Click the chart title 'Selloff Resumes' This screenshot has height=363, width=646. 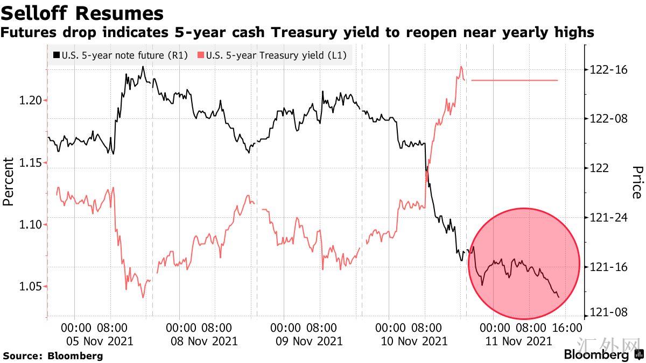[x=82, y=12]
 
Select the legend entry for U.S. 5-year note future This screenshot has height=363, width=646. [x=120, y=55]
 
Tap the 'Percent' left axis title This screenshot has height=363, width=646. [x=9, y=182]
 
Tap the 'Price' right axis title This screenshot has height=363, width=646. [x=637, y=182]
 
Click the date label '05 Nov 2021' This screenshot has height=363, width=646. [x=100, y=341]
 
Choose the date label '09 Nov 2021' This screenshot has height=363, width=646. [x=310, y=341]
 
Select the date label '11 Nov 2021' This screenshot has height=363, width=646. [x=518, y=341]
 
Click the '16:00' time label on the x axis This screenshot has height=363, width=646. [x=567, y=328]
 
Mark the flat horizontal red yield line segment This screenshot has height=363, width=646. [x=514, y=80]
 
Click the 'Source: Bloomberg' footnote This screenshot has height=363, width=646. [x=53, y=355]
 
